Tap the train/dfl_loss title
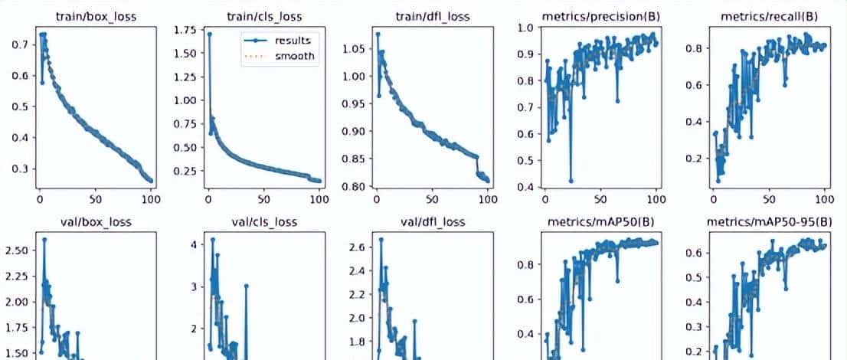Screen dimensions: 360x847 click(431, 15)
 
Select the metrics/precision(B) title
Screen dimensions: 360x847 click(600, 15)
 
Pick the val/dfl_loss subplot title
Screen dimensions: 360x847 click(431, 222)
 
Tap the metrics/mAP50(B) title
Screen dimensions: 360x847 click(600, 222)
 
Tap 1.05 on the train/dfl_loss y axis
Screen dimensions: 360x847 click(353, 50)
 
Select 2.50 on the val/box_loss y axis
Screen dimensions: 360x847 click(17, 250)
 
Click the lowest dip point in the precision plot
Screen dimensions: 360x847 click(571, 181)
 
